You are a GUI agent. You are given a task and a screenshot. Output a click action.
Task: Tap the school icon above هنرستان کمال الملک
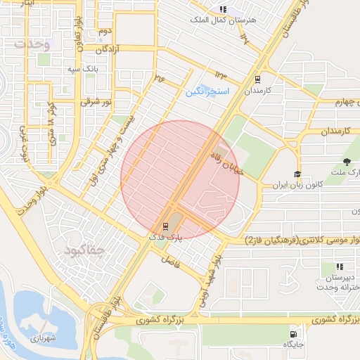223,10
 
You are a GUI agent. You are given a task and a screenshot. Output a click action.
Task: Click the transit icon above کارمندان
257,79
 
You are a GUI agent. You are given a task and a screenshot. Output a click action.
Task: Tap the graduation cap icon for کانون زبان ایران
297,174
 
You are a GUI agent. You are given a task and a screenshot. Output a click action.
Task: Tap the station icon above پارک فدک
165,226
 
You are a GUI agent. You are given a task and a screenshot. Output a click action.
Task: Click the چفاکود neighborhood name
83,250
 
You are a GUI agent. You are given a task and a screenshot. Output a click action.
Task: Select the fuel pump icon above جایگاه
291,333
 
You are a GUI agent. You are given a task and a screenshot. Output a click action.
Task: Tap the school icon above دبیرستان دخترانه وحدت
340,266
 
